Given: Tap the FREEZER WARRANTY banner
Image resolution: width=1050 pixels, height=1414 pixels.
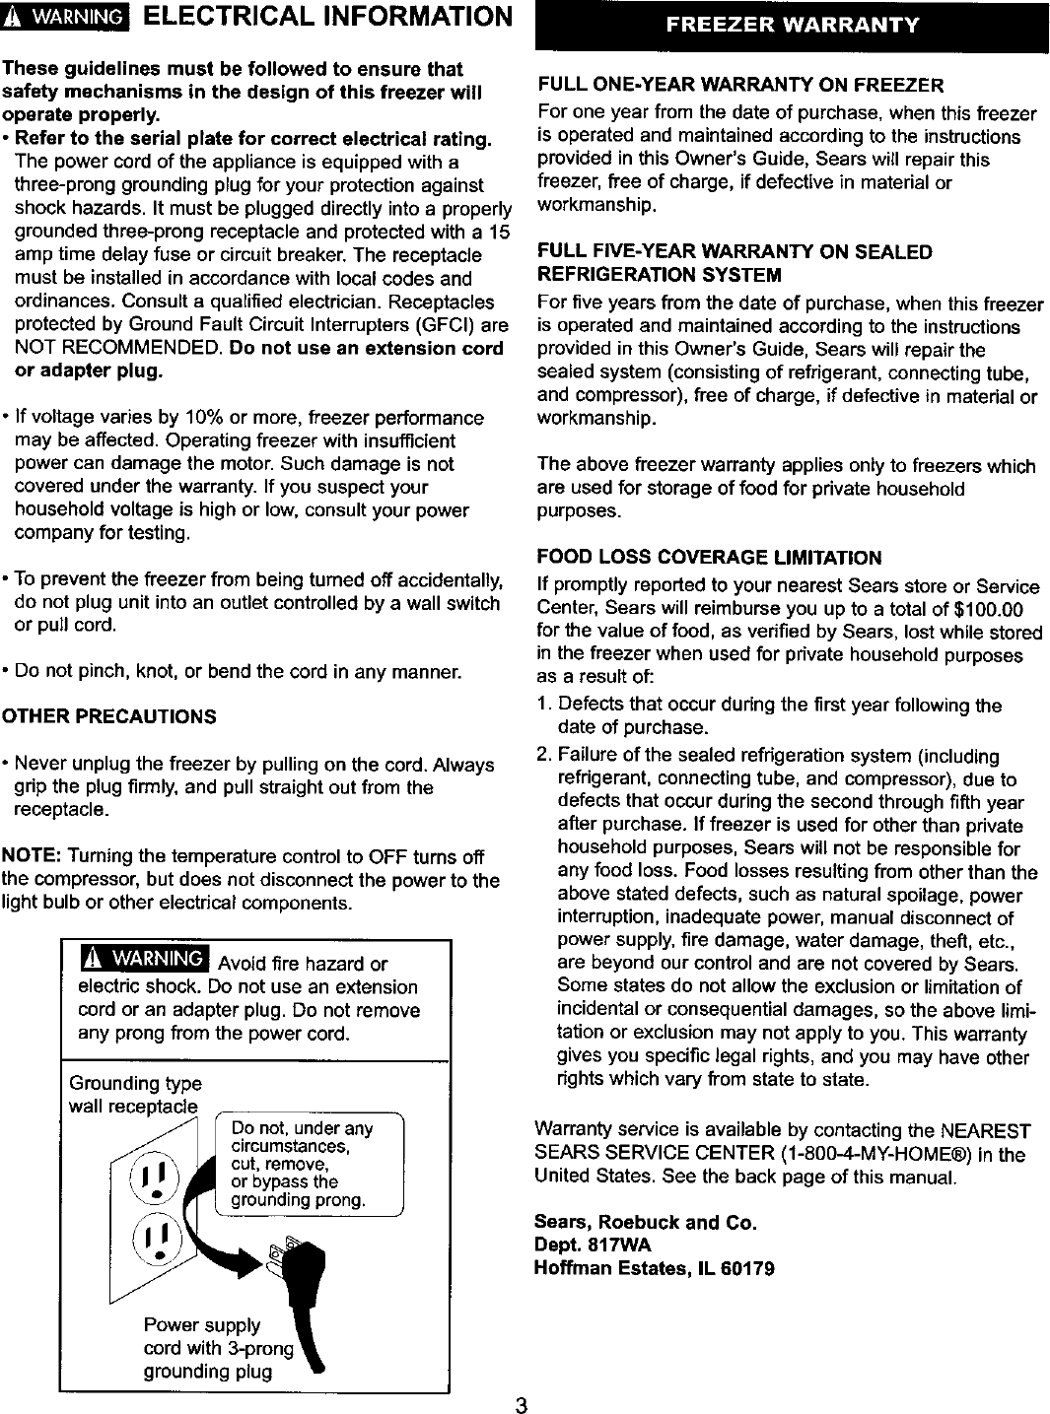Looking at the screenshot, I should [x=792, y=25].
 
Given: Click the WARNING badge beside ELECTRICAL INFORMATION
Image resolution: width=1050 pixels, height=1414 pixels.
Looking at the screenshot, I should [x=67, y=19].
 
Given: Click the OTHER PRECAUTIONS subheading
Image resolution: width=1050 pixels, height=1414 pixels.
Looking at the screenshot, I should [x=108, y=716].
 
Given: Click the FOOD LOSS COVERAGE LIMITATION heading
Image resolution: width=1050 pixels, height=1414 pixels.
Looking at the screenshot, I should [x=709, y=558].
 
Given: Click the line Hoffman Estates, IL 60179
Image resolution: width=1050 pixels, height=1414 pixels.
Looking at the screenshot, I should [x=654, y=1268].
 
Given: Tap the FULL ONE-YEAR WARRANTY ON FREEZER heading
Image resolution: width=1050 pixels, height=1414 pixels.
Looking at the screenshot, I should [x=739, y=85].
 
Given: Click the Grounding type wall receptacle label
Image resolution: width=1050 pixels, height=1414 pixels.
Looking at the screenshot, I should [x=134, y=1095].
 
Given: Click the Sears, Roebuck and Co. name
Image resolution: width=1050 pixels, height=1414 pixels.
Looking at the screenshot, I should [x=645, y=1222].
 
